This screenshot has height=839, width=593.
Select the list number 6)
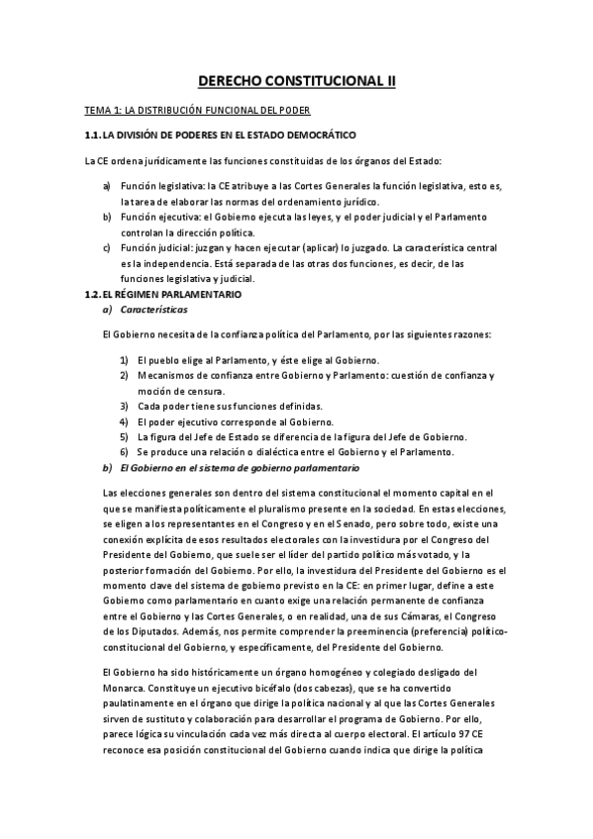[125, 451]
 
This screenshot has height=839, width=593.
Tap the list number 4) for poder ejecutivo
[125, 421]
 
